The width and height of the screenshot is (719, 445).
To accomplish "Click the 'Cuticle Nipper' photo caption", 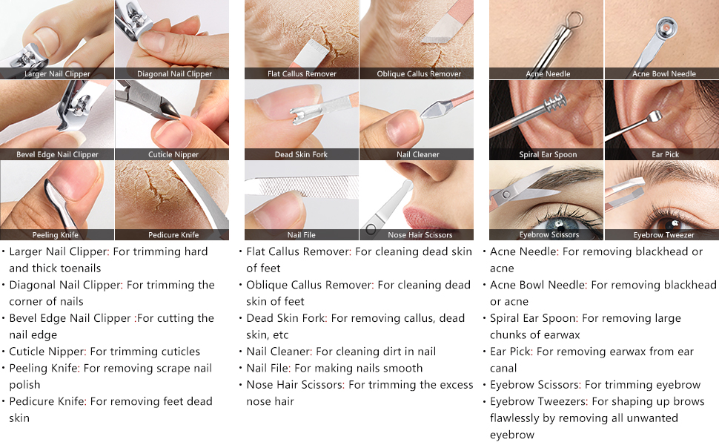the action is click(173, 154).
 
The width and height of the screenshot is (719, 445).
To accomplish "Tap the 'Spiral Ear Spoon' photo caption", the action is click(548, 154).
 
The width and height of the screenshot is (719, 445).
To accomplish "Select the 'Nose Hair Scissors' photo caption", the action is click(420, 235).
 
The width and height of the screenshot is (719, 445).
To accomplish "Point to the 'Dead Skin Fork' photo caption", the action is click(301, 154).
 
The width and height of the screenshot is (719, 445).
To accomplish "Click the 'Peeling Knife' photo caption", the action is click(55, 235).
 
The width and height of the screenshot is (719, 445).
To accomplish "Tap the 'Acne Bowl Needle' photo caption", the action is click(664, 74).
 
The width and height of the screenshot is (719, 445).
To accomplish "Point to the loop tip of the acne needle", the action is click(573, 19).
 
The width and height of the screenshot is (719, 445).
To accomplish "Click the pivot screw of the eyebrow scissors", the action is click(506, 194).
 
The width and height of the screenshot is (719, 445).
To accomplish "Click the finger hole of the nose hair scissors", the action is click(371, 229).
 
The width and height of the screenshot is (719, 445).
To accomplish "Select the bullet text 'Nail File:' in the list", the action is click(268, 368).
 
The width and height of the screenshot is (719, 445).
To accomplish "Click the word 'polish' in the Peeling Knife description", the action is click(24, 385).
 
